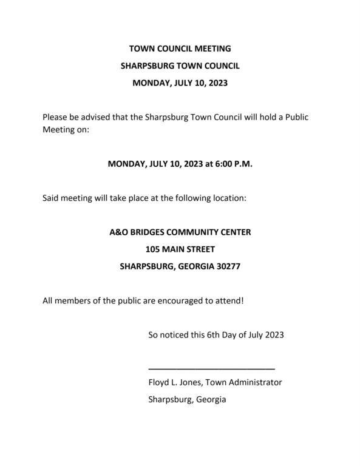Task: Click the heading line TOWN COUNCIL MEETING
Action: [180, 48]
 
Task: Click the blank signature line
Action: [211, 368]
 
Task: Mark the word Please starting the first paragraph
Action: [56, 117]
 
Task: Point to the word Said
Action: [52, 198]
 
